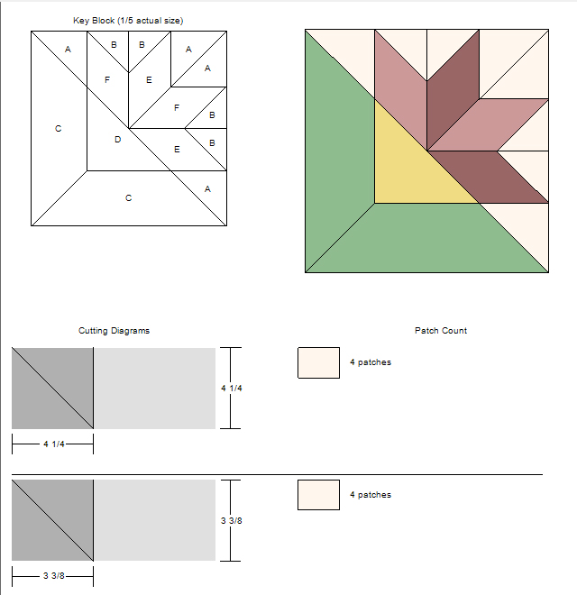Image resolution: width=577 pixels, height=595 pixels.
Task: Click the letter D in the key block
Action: pos(118,140)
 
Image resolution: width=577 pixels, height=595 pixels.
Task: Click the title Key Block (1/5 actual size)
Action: pos(128,21)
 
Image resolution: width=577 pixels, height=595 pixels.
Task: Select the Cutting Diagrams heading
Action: pos(114,331)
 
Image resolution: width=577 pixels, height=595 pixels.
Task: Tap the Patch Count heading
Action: pos(441,331)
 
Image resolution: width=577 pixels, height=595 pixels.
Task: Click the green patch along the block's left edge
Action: pos(334,151)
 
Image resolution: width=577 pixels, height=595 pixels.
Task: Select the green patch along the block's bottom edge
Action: pos(426,243)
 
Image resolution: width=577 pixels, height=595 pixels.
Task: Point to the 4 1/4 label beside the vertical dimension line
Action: pos(232,389)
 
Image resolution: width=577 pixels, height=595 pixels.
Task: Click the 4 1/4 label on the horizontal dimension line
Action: pos(54,444)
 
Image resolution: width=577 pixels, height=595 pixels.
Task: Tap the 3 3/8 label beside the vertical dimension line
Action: pos(232,521)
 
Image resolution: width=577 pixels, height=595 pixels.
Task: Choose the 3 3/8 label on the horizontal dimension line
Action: pos(54,576)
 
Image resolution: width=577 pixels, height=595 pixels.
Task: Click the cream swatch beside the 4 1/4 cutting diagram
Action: pos(318,362)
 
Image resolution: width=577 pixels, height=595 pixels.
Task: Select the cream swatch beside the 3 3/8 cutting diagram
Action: pos(318,495)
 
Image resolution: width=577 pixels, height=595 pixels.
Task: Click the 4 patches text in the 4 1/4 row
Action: pos(371,362)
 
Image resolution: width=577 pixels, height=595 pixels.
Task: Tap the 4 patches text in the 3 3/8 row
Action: pos(371,495)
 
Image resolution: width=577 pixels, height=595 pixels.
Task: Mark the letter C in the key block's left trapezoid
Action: pos(58,129)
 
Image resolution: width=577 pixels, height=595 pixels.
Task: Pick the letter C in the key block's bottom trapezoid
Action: pos(128,198)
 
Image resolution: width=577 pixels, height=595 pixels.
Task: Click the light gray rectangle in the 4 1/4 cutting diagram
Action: pos(154,389)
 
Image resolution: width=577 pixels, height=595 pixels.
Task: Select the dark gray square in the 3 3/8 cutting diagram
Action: pos(52,520)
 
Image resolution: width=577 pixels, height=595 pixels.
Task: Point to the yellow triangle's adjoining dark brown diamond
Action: pos(488,178)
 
